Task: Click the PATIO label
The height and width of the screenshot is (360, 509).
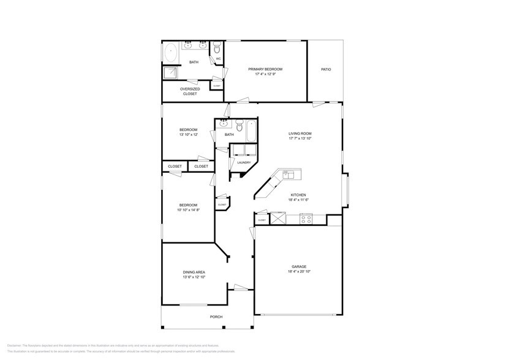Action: tap(326, 70)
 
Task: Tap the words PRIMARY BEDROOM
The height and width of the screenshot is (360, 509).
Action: tap(265, 70)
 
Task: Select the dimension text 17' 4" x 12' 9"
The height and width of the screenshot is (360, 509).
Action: tap(265, 75)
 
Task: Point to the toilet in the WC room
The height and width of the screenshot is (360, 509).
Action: tap(217, 48)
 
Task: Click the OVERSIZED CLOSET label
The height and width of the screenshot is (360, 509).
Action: tap(190, 91)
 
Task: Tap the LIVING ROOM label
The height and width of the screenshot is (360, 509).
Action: tap(300, 133)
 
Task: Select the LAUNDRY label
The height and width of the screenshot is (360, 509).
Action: tap(244, 162)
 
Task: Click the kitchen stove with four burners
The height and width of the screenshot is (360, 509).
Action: tap(306, 219)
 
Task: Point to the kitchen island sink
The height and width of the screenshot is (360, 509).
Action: tap(286, 174)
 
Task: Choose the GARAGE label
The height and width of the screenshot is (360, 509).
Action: tap(299, 267)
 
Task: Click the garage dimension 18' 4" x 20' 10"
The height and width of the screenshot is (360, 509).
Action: tap(299, 272)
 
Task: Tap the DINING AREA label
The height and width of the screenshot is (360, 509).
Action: tap(194, 272)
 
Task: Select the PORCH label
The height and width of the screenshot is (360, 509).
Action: tap(216, 317)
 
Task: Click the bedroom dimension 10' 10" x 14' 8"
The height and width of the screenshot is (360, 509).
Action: tap(188, 210)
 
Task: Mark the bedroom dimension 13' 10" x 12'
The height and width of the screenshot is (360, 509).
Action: tap(188, 135)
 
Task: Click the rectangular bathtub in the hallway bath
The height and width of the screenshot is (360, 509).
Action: tap(252, 130)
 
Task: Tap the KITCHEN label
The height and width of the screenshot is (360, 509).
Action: tap(298, 195)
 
